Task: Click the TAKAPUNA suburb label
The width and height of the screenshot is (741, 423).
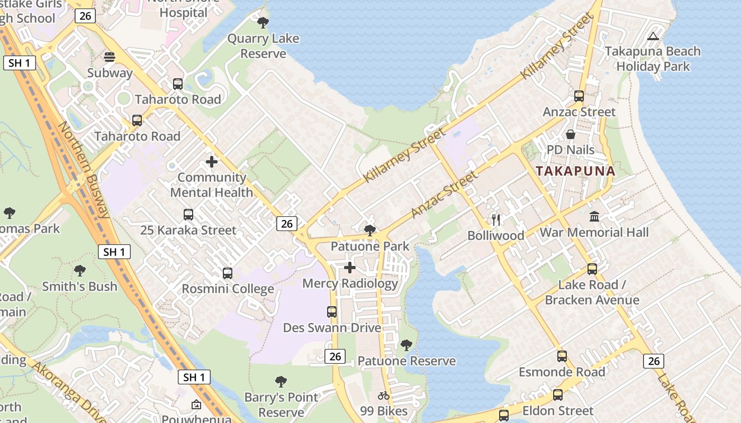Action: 575,171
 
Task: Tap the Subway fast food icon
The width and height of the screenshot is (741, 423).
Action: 110,57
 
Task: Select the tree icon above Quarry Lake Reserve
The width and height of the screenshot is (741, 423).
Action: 263,23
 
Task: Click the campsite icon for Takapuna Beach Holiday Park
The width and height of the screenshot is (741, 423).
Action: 653,36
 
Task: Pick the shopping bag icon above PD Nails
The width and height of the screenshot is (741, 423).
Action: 571,134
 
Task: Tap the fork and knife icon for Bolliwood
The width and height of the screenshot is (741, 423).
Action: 496,220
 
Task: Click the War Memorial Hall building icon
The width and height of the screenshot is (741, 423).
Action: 594,217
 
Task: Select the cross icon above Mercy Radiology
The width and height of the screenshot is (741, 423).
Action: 350,268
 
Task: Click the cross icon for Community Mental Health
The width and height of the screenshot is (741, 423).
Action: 212,162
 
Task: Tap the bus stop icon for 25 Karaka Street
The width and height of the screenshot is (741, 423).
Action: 188,215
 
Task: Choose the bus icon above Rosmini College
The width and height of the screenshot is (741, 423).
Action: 228,273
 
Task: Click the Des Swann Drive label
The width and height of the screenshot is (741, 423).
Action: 332,328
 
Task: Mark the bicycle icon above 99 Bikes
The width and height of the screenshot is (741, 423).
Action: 384,396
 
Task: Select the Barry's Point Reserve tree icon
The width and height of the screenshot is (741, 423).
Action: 281,382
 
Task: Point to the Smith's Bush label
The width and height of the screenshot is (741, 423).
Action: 79,287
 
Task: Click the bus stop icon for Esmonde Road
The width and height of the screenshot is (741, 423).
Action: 562,356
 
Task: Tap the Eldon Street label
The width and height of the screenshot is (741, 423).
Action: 558,411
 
